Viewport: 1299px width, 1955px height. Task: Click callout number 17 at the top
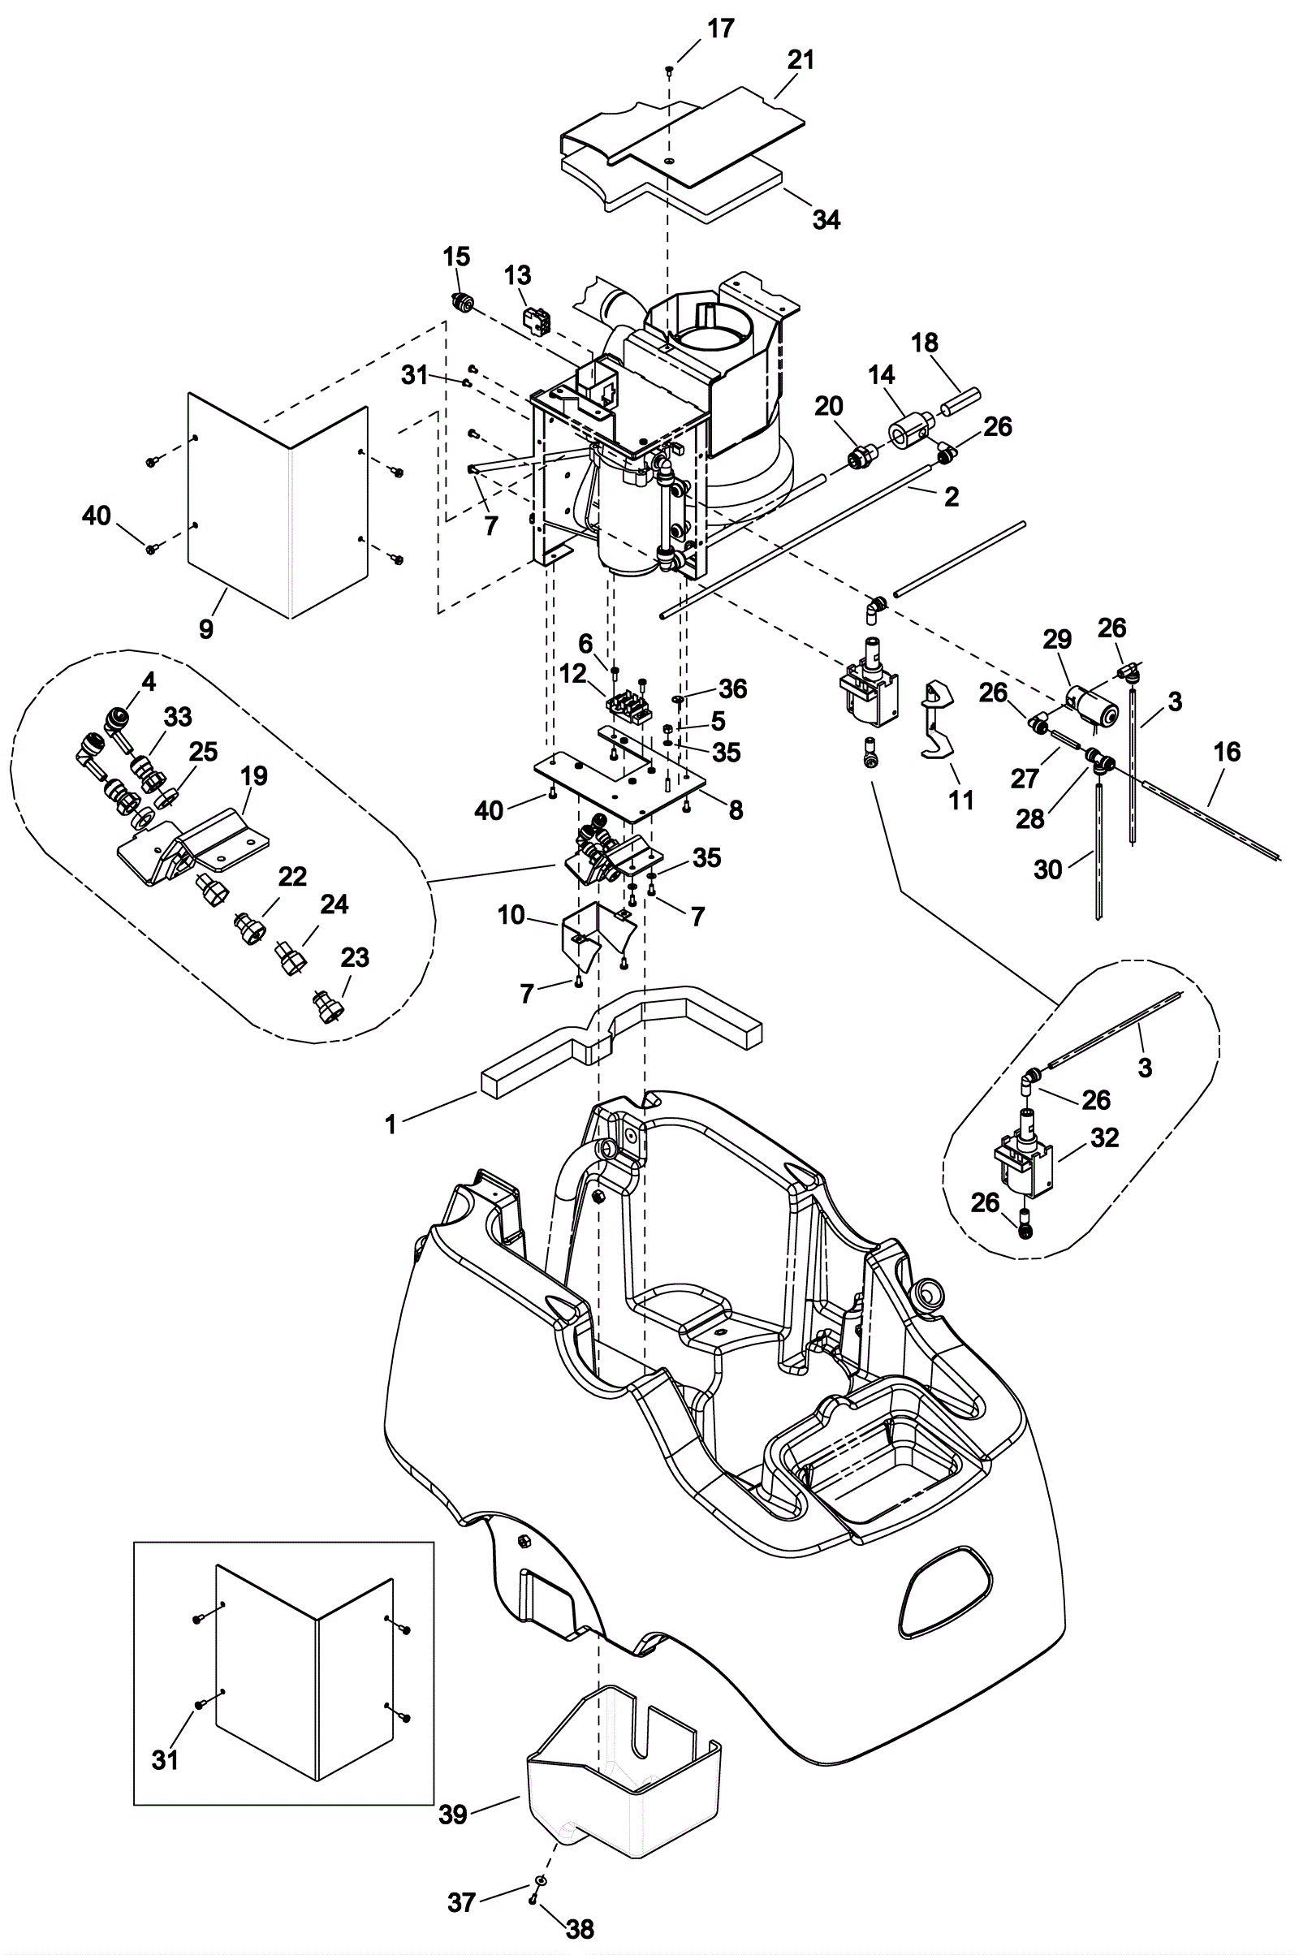pos(720,29)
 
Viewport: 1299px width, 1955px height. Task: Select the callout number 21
pos(801,60)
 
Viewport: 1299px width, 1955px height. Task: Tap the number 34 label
pos(826,219)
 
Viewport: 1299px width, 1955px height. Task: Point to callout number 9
pos(206,628)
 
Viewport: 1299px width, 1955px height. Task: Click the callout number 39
pos(453,1814)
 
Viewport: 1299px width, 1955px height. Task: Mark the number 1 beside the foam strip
pos(391,1124)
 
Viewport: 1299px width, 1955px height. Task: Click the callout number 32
pos(1104,1137)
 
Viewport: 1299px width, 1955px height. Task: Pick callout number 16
pos(1227,751)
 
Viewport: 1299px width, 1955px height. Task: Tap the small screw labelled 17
pos(668,71)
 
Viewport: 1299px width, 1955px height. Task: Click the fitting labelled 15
pos(460,304)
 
